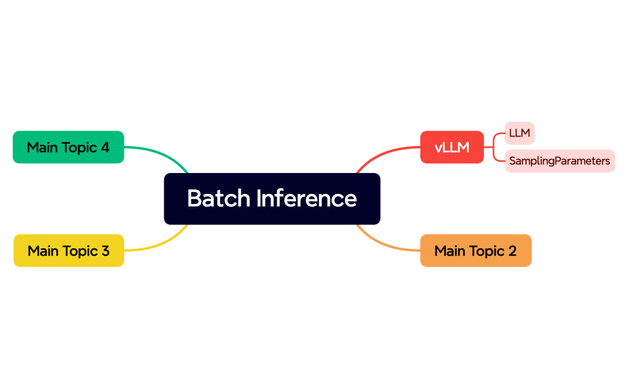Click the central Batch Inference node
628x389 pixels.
[x=272, y=199]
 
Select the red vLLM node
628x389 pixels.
[x=451, y=147]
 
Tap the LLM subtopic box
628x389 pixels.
[x=519, y=133]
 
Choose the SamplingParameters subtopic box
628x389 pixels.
[x=559, y=161]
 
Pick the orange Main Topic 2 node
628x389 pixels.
[x=475, y=251]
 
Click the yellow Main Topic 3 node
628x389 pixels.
[x=68, y=251]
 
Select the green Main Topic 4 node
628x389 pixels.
[x=68, y=147]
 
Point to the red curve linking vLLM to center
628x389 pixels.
[x=383, y=154]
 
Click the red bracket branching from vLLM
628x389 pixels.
[x=494, y=147]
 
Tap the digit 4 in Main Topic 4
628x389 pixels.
[x=105, y=147]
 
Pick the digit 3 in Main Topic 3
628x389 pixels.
[x=105, y=251]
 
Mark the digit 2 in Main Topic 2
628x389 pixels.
[x=512, y=251]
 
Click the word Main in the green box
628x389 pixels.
[x=41, y=147]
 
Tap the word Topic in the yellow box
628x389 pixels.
[x=82, y=251]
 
